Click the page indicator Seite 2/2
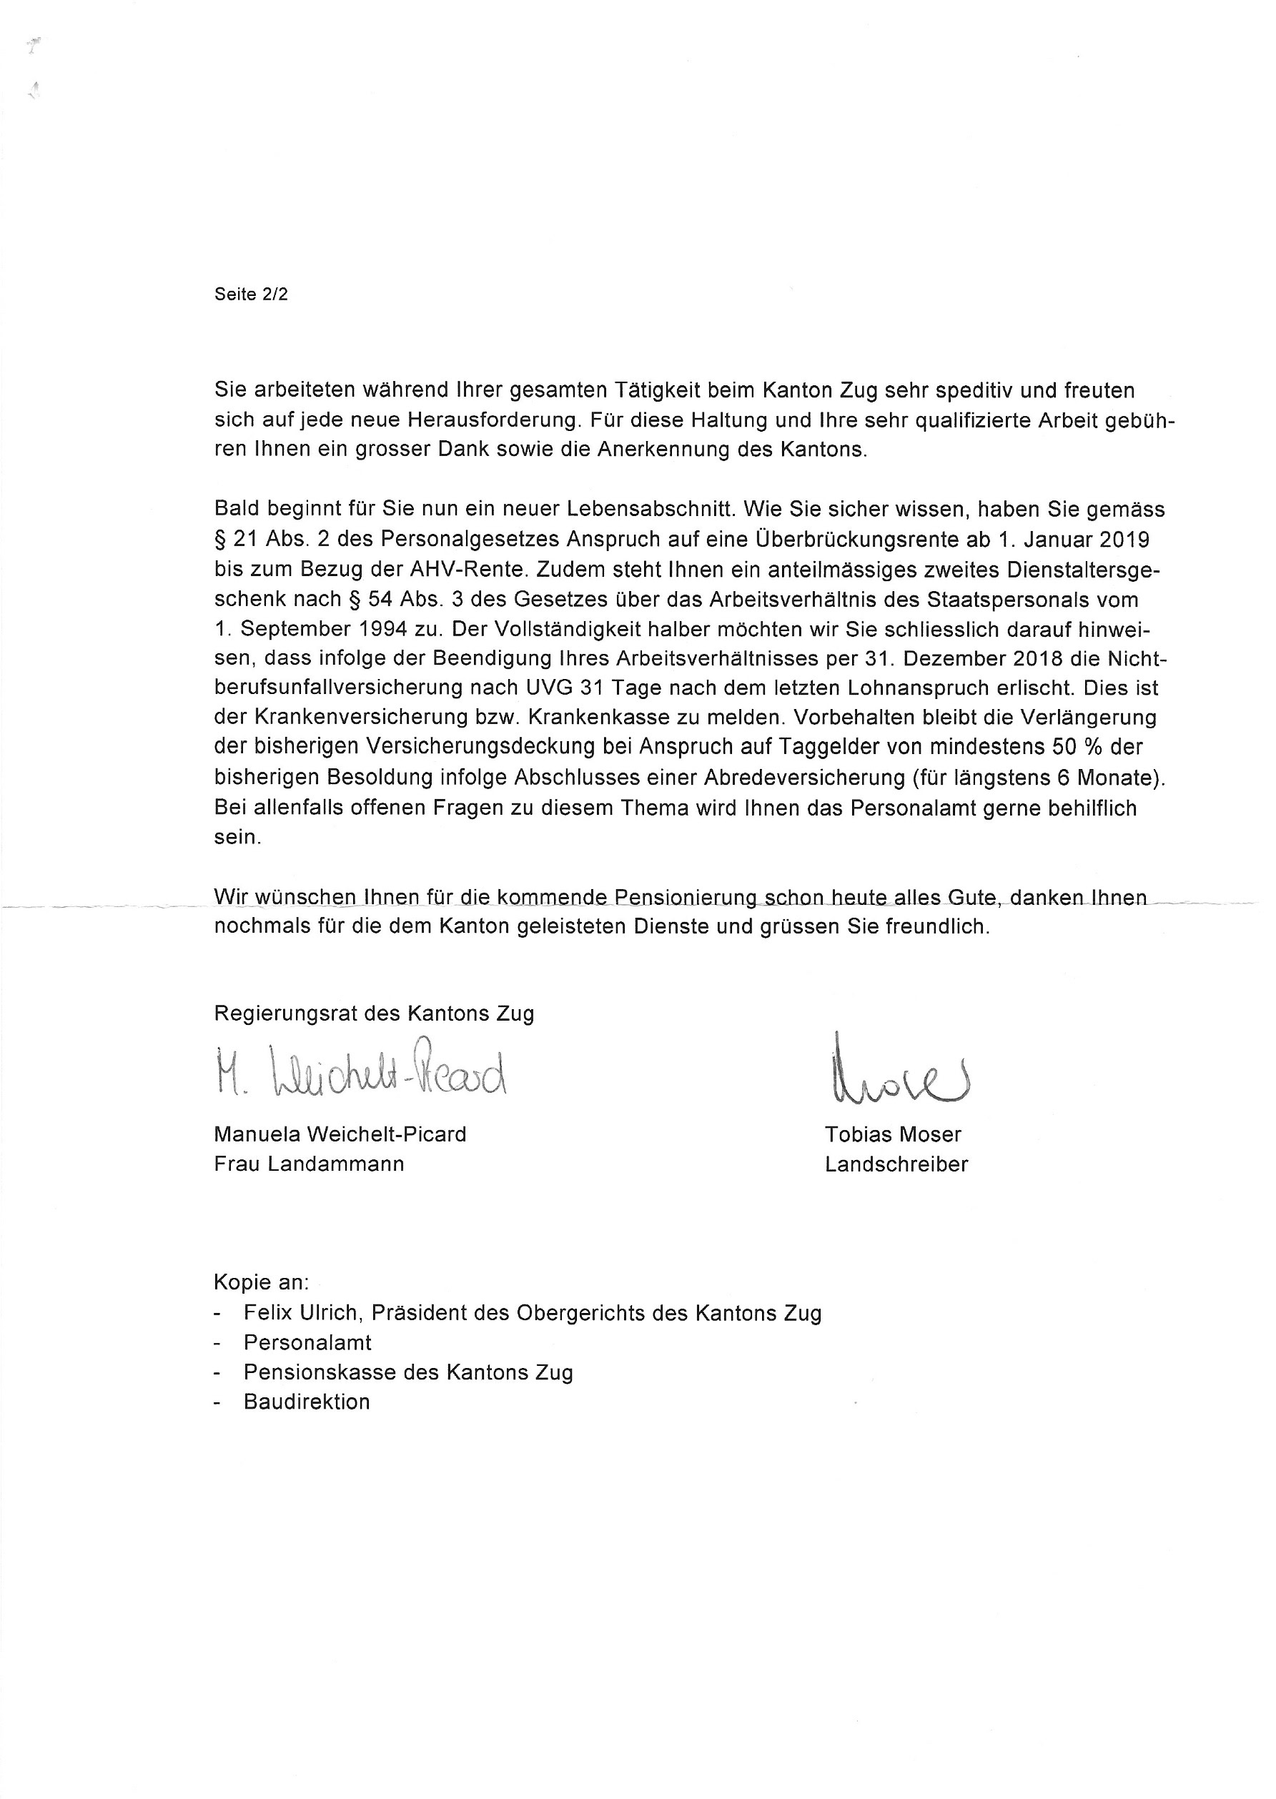[x=251, y=294]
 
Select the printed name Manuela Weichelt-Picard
[x=340, y=1134]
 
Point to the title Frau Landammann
[x=309, y=1164]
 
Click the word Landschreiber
[x=896, y=1164]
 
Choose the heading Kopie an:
[x=261, y=1283]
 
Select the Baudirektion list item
[x=307, y=1402]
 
